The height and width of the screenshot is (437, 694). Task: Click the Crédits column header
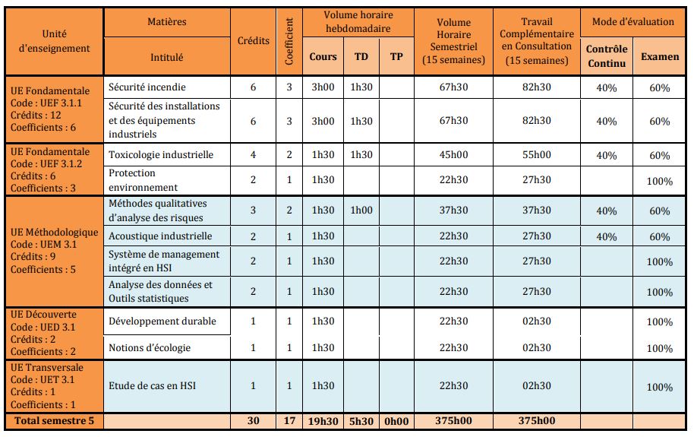253,40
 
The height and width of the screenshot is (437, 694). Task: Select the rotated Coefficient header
289,41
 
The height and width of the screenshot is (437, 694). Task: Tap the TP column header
396,56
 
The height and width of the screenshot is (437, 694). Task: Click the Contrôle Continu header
607,56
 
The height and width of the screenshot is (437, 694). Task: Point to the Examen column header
660,56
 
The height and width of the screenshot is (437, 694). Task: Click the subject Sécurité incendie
147,87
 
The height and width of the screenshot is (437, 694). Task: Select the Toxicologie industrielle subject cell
161,154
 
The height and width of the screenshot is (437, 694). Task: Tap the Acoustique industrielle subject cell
160,236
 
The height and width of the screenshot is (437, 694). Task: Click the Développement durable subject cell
162,321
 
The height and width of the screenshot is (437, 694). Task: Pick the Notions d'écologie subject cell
150,347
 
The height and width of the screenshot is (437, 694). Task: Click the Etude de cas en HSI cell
152,385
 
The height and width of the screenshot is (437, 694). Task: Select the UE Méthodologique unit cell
54,250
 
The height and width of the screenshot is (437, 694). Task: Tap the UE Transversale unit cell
54,385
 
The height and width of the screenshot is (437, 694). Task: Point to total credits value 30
253,420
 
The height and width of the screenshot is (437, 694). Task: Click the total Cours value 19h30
323,420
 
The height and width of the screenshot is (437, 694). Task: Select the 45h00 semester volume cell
453,154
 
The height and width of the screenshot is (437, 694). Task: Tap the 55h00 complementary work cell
537,154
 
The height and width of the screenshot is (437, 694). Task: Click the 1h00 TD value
361,211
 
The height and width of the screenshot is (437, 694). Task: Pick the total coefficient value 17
289,420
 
